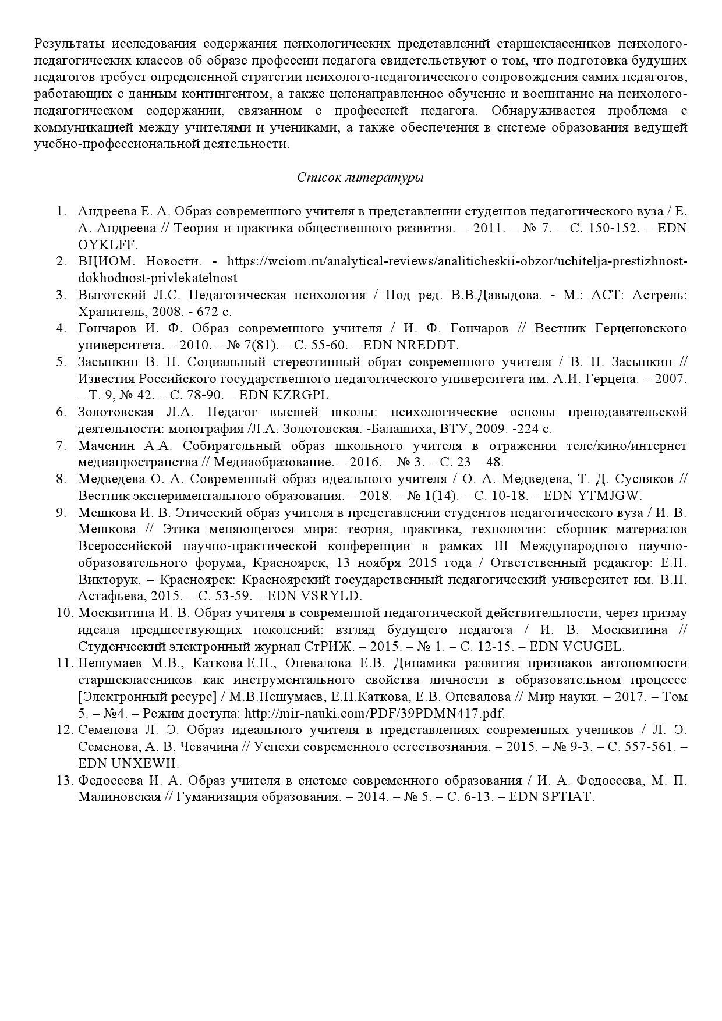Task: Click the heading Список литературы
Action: pos(360,178)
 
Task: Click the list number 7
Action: pos(61,446)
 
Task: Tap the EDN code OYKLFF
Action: pos(108,244)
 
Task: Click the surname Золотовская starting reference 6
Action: pos(116,413)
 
